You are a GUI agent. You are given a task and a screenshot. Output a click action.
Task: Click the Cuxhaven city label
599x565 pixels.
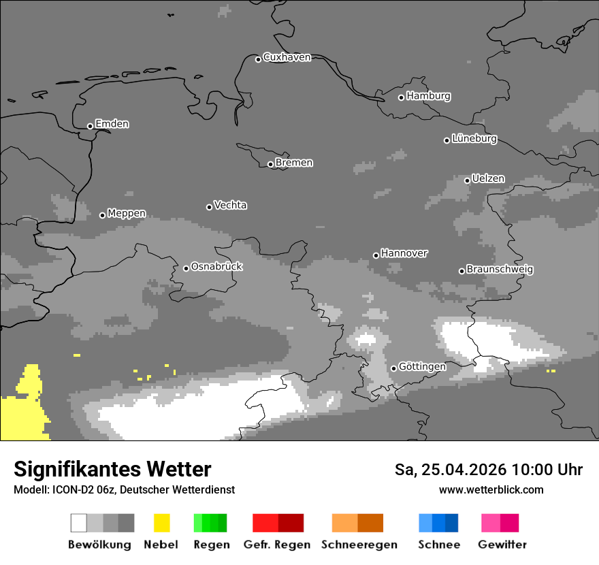click(x=287, y=57)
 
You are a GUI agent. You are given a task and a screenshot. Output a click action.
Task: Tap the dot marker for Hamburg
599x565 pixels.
click(x=401, y=97)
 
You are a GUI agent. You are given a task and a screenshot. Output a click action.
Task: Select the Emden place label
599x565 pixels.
click(x=112, y=124)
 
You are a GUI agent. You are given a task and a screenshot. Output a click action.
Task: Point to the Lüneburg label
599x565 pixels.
click(x=474, y=139)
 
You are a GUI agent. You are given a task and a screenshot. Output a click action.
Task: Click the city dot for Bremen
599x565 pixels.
click(x=270, y=164)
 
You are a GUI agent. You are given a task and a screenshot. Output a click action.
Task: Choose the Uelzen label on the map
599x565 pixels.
click(x=488, y=179)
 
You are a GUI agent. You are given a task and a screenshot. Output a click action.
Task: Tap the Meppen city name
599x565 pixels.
click(x=126, y=214)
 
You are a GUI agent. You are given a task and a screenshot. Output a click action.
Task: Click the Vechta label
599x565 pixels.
click(x=230, y=206)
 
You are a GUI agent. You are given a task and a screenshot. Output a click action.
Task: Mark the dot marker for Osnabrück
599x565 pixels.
click(x=186, y=268)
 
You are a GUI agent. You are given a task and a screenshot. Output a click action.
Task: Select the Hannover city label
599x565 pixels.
click(x=404, y=253)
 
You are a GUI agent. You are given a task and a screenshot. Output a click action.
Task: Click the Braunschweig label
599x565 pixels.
click(x=500, y=270)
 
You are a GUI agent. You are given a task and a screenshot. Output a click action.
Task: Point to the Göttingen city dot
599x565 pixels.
click(x=393, y=368)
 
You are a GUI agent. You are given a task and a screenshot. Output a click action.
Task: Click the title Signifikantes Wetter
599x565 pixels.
click(x=112, y=470)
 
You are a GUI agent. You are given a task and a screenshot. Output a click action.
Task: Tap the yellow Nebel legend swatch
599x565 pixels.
click(x=161, y=523)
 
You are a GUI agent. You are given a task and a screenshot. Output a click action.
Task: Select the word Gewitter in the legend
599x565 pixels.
click(x=502, y=545)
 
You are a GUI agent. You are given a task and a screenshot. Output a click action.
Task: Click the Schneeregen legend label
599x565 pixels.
click(x=359, y=545)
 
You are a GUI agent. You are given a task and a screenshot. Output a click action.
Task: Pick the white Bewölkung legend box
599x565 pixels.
click(x=79, y=523)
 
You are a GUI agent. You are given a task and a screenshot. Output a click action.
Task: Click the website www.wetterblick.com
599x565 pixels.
click(x=491, y=490)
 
